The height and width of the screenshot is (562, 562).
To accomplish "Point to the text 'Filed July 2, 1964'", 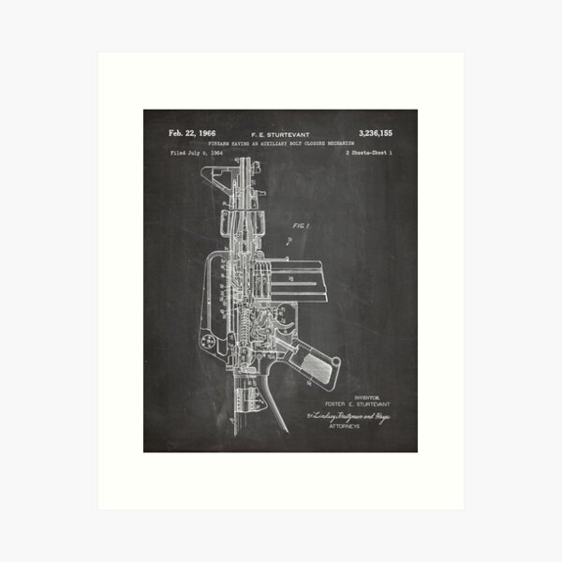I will pyautogui.click(x=196, y=152).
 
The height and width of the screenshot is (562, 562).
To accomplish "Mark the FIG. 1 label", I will pyautogui.click(x=300, y=226).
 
